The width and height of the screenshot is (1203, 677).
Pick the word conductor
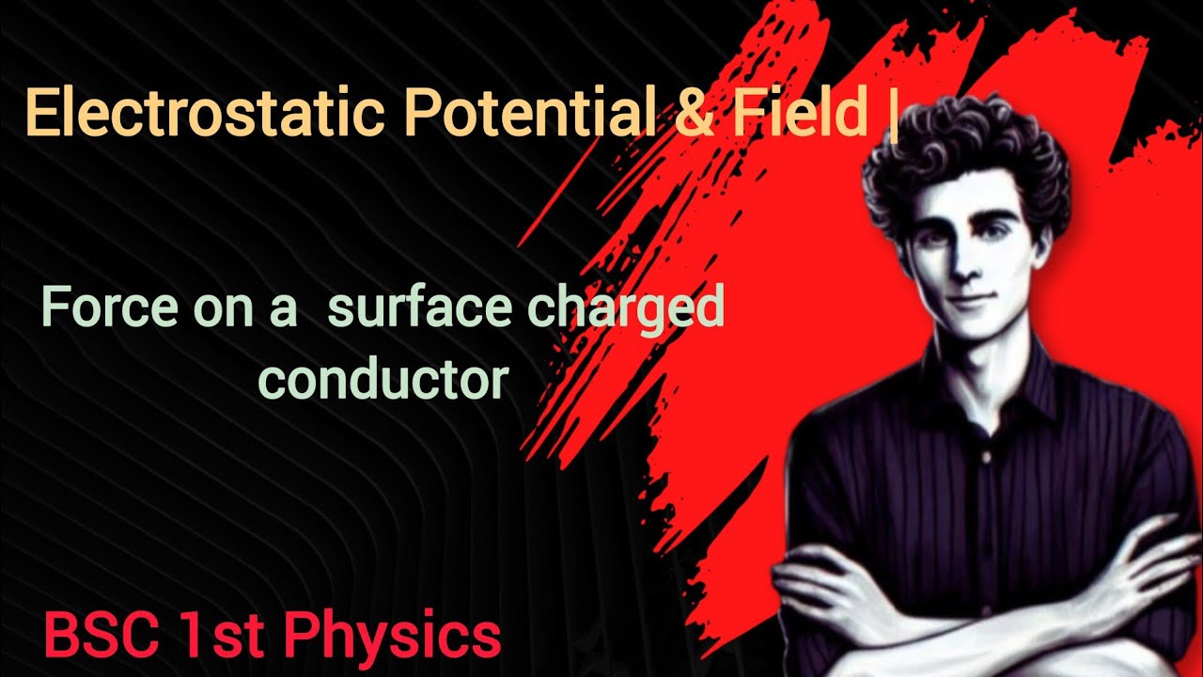[x=383, y=378]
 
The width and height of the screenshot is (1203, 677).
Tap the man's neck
[x=987, y=353]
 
